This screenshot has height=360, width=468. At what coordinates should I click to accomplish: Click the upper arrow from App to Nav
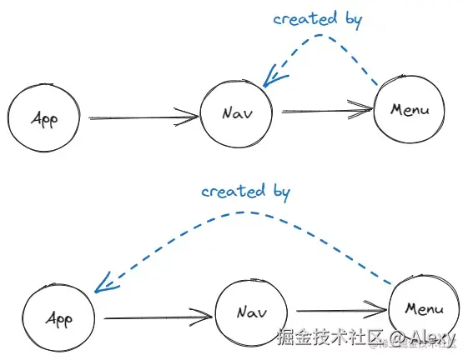tap(143, 117)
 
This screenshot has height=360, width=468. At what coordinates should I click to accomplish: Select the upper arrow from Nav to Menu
tap(327, 110)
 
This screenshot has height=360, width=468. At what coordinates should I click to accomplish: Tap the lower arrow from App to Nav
tap(159, 317)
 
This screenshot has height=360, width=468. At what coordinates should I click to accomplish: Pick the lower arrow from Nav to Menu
tap(342, 311)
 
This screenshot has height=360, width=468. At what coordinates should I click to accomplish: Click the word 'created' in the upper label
tap(305, 18)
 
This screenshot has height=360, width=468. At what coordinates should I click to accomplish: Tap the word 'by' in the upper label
tap(355, 20)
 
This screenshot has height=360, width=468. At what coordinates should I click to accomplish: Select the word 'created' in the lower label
tap(234, 191)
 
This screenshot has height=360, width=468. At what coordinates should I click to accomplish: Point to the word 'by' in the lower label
tap(282, 192)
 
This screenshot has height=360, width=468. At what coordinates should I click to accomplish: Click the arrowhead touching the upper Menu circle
tap(360, 110)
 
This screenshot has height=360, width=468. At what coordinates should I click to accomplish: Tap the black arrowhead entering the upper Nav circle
tap(187, 117)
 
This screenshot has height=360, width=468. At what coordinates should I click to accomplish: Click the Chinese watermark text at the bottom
tap(330, 337)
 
